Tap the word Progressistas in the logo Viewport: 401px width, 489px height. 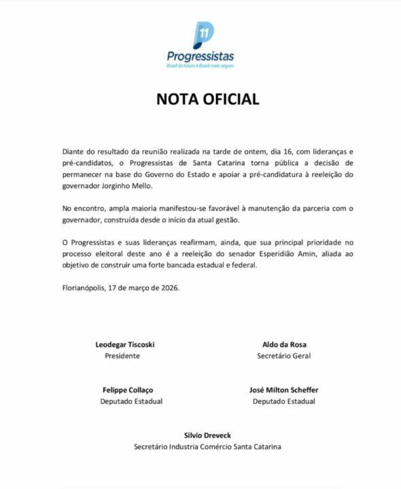coord(201,56)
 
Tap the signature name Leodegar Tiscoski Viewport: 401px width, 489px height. coord(126,345)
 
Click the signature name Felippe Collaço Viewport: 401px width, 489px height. coord(126,391)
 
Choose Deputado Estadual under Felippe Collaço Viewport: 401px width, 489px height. coord(127,401)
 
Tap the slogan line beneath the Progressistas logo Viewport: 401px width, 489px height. coord(201,67)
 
